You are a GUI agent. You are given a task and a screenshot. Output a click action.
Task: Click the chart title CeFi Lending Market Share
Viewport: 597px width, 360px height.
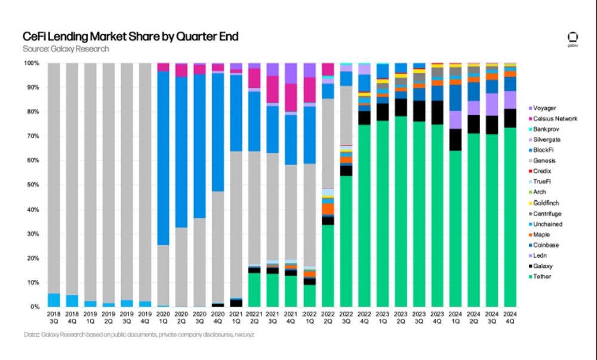click(130, 36)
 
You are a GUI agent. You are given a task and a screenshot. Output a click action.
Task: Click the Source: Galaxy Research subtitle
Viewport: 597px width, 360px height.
click(66, 49)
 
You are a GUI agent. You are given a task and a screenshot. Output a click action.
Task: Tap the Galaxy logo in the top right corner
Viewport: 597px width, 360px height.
click(573, 38)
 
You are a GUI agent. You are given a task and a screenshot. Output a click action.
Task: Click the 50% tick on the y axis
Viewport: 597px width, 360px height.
click(32, 185)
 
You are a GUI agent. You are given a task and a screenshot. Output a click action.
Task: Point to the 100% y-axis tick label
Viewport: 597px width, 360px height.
click(31, 63)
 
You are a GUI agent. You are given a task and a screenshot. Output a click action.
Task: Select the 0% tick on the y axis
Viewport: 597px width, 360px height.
click(35, 307)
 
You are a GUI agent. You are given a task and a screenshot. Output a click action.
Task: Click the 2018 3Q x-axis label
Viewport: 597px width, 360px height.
click(54, 316)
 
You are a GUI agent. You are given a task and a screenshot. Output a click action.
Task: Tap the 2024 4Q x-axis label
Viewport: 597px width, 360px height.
click(510, 316)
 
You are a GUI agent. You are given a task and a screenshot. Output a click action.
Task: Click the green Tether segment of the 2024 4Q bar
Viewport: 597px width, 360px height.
click(510, 215)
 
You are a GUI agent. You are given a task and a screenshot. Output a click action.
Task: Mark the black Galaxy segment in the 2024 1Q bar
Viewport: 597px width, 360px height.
click(455, 139)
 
